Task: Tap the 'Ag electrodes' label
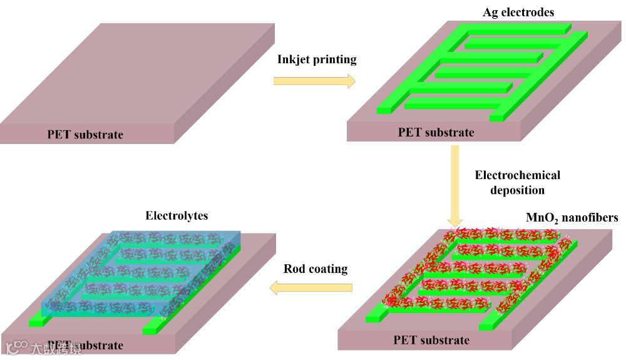518,12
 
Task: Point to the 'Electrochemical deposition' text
517,182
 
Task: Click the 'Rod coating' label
316,269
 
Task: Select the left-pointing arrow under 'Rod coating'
311,288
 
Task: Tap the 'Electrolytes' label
177,216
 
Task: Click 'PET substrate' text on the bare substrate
85,135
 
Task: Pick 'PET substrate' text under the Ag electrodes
436,132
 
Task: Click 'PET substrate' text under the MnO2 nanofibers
431,341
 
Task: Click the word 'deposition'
517,190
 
